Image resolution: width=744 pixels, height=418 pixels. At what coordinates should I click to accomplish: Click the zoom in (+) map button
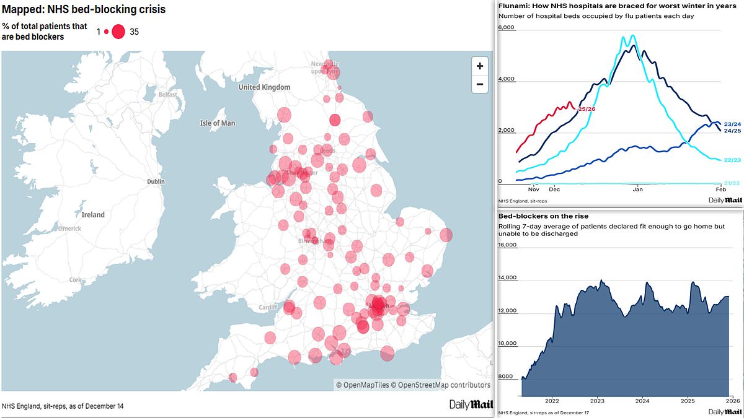pyautogui.click(x=479, y=66)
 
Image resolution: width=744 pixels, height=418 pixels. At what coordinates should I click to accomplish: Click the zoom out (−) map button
pyautogui.click(x=479, y=84)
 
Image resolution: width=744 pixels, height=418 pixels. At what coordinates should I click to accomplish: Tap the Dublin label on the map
pyautogui.click(x=156, y=181)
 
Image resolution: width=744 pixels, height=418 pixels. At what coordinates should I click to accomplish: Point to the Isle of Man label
pyautogui.click(x=217, y=123)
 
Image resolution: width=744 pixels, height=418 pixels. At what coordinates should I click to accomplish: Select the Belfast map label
pyautogui.click(x=167, y=95)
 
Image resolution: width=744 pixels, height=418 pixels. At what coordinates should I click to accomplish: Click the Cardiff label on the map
pyautogui.click(x=267, y=307)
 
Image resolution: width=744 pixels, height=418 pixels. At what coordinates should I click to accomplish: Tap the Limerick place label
pyautogui.click(x=69, y=229)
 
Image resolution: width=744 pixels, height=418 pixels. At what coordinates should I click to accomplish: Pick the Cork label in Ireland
pyautogui.click(x=76, y=280)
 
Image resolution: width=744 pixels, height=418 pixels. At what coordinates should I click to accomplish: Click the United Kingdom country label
pyautogui.click(x=264, y=87)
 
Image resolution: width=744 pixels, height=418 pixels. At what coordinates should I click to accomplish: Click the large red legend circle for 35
pyautogui.click(x=118, y=32)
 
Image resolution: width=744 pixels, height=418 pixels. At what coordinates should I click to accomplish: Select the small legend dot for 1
pyautogui.click(x=106, y=32)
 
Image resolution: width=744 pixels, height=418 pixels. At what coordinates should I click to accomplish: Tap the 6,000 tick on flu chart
pyautogui.click(x=507, y=28)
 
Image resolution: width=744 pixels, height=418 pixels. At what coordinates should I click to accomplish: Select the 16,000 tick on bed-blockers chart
pyautogui.click(x=508, y=245)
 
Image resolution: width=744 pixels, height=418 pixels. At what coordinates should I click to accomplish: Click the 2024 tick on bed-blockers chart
pyautogui.click(x=642, y=400)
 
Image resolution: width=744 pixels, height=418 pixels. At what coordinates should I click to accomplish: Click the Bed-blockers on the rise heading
pyautogui.click(x=536, y=216)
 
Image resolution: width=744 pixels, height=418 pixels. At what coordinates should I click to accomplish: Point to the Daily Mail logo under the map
pyautogui.click(x=471, y=404)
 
